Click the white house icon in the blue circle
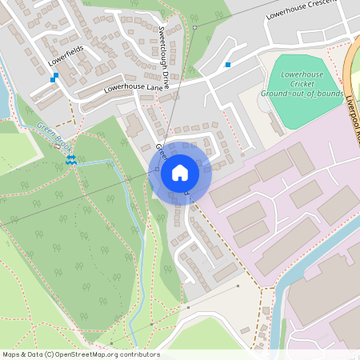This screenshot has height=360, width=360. (x=179, y=172)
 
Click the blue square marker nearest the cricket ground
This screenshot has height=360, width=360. (x=228, y=64)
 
